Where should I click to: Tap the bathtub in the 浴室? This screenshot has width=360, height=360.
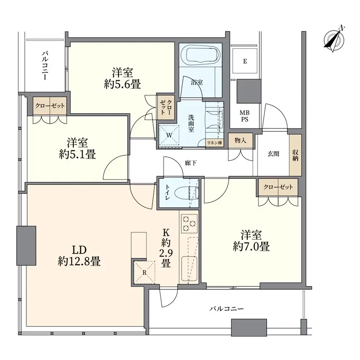[x=200, y=56]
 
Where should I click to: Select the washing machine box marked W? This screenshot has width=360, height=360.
[x=169, y=135]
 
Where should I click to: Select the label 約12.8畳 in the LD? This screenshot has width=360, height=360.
[x=80, y=256]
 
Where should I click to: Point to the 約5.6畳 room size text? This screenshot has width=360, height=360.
[x=122, y=78]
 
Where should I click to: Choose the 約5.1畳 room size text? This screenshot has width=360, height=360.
[x=77, y=149]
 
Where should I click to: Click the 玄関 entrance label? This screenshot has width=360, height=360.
[x=273, y=154]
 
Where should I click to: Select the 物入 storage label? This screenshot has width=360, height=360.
[x=240, y=140]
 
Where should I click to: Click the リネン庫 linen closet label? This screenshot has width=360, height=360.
[x=215, y=142]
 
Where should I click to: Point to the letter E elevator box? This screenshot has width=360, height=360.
[x=245, y=62]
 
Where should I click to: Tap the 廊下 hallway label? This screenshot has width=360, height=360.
[x=190, y=163]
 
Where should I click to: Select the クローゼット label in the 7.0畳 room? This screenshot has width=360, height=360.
[x=279, y=187]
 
